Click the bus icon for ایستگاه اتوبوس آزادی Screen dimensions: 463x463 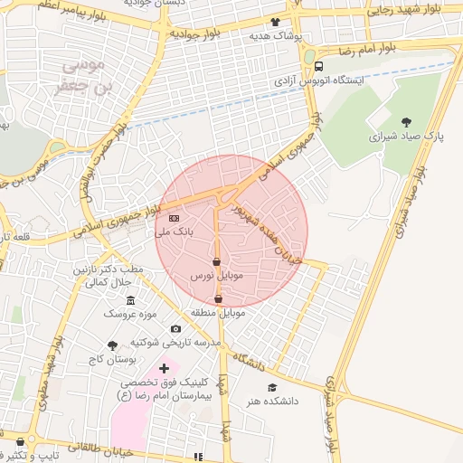[x=318, y=65]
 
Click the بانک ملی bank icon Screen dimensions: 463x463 [x=174, y=218]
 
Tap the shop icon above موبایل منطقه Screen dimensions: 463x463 [x=218, y=298]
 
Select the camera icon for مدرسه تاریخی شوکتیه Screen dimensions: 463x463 [x=175, y=328]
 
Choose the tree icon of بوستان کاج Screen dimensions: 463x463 [x=112, y=345]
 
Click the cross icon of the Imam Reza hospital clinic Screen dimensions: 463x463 [x=164, y=368]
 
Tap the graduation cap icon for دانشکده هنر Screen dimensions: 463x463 [x=272, y=387]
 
